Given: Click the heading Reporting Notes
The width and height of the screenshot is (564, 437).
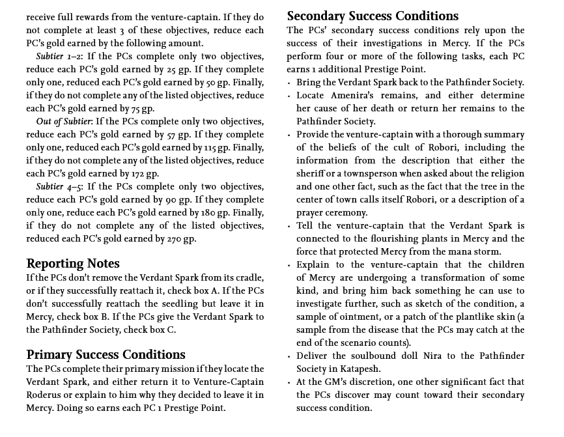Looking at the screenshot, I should (x=73, y=264).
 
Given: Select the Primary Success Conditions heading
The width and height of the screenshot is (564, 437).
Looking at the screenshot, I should (x=106, y=355).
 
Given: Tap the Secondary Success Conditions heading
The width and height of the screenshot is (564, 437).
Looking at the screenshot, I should (x=373, y=16).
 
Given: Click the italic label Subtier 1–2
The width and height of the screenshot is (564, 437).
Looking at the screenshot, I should (x=59, y=57).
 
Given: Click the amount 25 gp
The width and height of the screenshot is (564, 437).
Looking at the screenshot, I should (x=177, y=70).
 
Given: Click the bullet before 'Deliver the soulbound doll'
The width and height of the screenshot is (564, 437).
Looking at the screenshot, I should (x=289, y=356).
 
